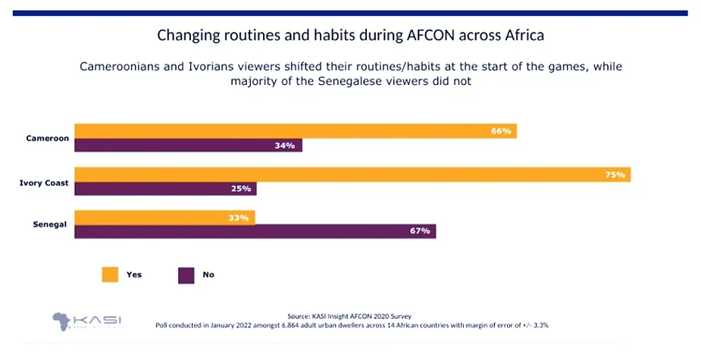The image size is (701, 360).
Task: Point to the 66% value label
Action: (501, 131)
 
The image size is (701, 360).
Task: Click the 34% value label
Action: (285, 146)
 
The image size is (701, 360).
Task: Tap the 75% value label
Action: (615, 174)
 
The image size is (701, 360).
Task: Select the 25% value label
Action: (240, 189)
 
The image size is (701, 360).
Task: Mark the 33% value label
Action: (239, 218)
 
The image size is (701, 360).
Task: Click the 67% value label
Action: (420, 231)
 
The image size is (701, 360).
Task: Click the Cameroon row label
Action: (47, 138)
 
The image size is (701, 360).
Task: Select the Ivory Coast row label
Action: (44, 182)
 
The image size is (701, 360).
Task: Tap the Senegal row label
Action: (51, 224)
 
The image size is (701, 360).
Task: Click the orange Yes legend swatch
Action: (111, 274)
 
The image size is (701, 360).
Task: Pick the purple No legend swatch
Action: (186, 274)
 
